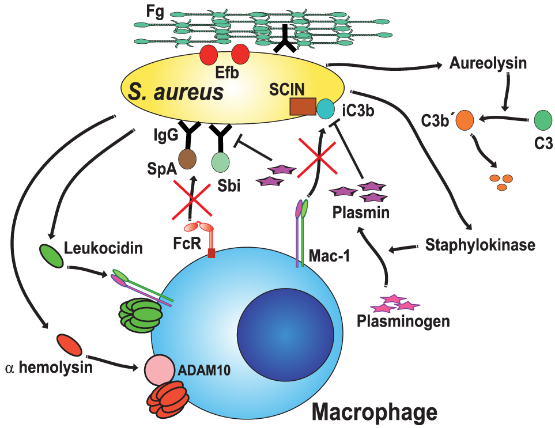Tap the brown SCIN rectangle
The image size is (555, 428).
pos(303,107)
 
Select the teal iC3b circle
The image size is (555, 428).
pos(326,108)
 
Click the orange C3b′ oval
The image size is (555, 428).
pos(465,121)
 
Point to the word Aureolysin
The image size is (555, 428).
pos(488,63)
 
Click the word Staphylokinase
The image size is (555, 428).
pos(481,244)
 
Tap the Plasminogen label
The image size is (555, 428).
pos(395,320)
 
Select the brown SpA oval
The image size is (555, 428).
pos(187,160)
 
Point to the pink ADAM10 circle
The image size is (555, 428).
pos(159,369)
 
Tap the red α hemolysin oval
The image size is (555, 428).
pos(69,344)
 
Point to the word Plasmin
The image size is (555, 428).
pos(361,213)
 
